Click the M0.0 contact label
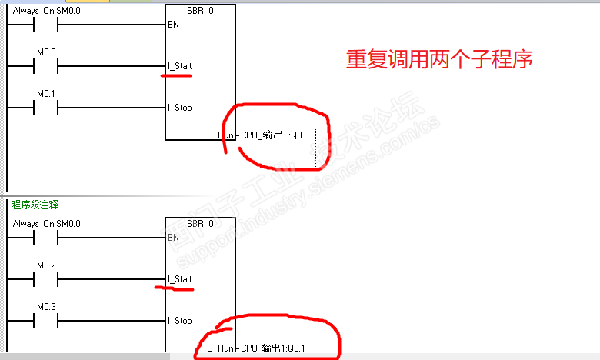(x=47, y=52)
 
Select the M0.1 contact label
(x=47, y=94)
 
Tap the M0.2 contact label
(x=47, y=265)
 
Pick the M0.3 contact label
(x=47, y=307)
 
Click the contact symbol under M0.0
(x=47, y=67)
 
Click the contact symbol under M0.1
(x=47, y=108)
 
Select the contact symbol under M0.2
(x=47, y=279)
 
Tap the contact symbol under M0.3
(x=47, y=321)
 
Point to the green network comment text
(x=35, y=205)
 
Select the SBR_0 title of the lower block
(x=200, y=224)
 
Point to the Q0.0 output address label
(x=275, y=135)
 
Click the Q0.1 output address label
(x=275, y=348)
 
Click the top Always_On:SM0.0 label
(x=46, y=11)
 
